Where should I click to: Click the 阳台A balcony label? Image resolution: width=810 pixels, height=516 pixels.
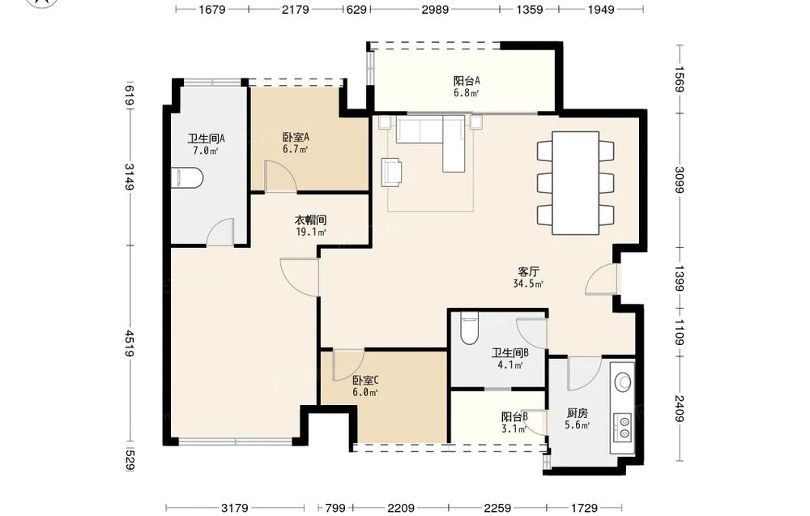(467, 81)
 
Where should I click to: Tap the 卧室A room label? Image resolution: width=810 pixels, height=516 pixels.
(296, 138)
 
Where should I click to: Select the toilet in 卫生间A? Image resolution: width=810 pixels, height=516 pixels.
(186, 177)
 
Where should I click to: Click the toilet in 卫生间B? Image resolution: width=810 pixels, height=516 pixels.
(469, 329)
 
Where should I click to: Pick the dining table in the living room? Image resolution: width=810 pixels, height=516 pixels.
(575, 183)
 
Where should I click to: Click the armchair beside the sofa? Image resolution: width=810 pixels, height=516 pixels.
(392, 172)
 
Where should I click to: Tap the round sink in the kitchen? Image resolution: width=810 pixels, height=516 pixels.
(623, 382)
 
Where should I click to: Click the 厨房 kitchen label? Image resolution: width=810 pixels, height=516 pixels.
(577, 413)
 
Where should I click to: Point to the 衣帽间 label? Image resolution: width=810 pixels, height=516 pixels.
(311, 220)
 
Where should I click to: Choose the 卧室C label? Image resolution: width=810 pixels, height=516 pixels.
(366, 381)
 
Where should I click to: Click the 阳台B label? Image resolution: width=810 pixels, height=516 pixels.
(514, 417)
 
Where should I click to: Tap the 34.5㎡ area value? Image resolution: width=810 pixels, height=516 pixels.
(528, 284)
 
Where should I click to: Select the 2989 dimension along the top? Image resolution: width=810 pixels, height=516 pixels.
(435, 9)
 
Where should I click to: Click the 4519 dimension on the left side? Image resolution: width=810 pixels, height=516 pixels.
(129, 343)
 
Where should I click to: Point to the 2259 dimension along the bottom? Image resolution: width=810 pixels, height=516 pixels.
(497, 508)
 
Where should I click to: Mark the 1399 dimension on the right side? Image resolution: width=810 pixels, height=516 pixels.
(679, 278)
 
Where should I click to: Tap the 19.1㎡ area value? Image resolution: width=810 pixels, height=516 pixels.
(311, 232)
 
